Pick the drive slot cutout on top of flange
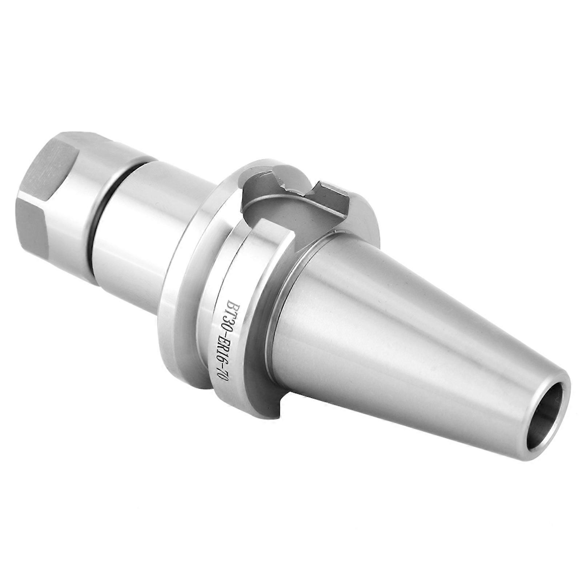click(276, 196)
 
